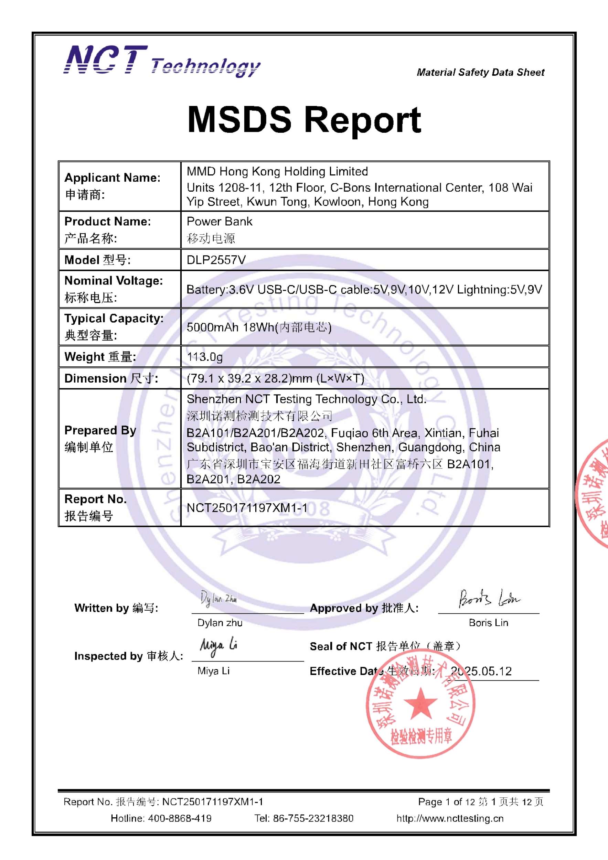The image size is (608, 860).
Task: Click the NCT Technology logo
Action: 162,61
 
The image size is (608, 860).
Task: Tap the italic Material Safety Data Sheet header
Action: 480,72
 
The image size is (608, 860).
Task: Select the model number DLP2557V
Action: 216,260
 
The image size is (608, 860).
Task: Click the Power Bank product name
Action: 220,222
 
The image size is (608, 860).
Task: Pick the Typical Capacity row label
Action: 114,319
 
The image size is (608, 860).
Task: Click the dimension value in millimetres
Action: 275,378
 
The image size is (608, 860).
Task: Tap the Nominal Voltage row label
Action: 114,281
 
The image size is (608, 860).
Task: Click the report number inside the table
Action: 247,507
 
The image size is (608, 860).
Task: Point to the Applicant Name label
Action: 113,178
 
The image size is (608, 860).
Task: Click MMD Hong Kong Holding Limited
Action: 277,172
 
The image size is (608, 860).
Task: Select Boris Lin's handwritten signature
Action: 489,599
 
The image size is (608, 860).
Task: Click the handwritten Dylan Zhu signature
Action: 218,598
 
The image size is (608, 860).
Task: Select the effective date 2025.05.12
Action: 481,671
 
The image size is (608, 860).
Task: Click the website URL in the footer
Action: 450,818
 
